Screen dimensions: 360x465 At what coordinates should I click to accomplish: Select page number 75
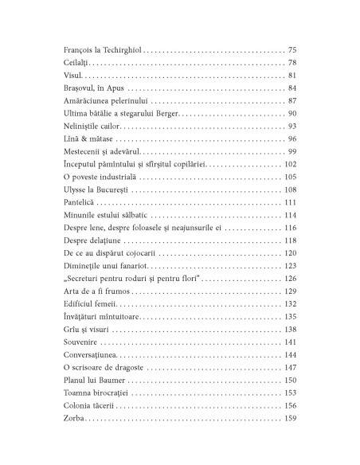pyautogui.click(x=292, y=49)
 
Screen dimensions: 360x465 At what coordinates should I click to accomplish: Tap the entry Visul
pyautogui.click(x=72, y=75)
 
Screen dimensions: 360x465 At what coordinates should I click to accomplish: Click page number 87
pyautogui.click(x=292, y=100)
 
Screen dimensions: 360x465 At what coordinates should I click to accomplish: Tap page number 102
pyautogui.click(x=289, y=164)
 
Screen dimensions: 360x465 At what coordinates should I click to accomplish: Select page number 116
pyautogui.click(x=289, y=228)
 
